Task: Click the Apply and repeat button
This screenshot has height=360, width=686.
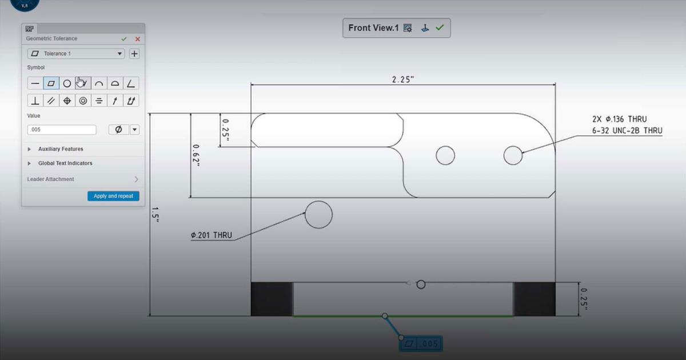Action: pyautogui.click(x=113, y=196)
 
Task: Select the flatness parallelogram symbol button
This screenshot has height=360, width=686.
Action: pyautogui.click(x=51, y=83)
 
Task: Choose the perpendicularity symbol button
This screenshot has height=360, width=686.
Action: pyautogui.click(x=35, y=101)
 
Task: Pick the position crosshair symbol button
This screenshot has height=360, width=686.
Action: pyautogui.click(x=67, y=101)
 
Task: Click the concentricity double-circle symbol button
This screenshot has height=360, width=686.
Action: pyautogui.click(x=83, y=101)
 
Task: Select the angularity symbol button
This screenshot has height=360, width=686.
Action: pyautogui.click(x=131, y=83)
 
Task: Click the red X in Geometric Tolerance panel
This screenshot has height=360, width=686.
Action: pyautogui.click(x=137, y=39)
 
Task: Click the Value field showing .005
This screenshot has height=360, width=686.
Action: pyautogui.click(x=61, y=130)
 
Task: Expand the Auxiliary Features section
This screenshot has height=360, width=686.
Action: pyautogui.click(x=60, y=149)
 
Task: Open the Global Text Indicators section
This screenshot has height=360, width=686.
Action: pyautogui.click(x=65, y=163)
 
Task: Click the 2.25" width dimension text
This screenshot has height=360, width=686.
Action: pyautogui.click(x=402, y=80)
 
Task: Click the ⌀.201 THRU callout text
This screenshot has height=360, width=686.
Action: pyautogui.click(x=212, y=235)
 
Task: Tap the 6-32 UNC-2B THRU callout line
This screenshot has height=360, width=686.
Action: pyautogui.click(x=627, y=131)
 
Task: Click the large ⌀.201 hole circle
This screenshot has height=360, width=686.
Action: pyautogui.click(x=318, y=215)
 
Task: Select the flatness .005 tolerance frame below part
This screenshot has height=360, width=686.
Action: pyautogui.click(x=421, y=344)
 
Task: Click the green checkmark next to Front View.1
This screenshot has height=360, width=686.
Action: pyautogui.click(x=439, y=27)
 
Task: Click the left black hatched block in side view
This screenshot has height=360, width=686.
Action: pyautogui.click(x=272, y=299)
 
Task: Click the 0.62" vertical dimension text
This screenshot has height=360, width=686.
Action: pyautogui.click(x=196, y=155)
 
